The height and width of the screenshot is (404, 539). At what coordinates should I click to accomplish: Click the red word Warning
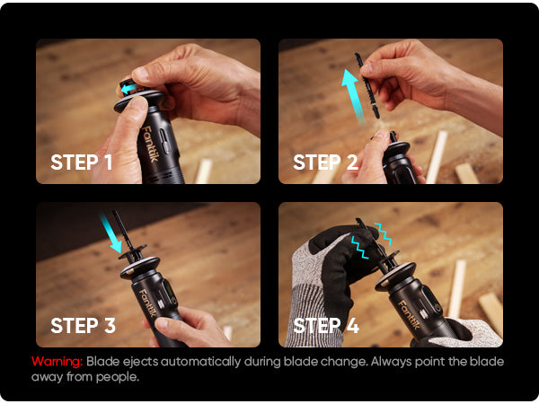click(57, 362)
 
